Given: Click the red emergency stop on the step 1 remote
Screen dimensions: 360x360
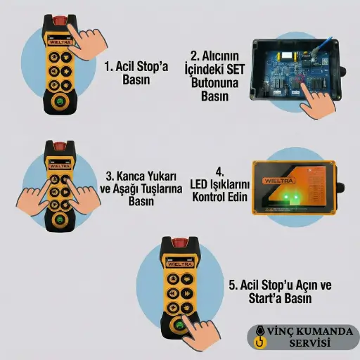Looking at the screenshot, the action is pyautogui.click(x=59, y=20).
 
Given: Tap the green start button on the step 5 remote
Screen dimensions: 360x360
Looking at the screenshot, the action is pyautogui.click(x=179, y=326).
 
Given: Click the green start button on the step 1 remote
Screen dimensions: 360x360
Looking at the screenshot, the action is pyautogui.click(x=60, y=102).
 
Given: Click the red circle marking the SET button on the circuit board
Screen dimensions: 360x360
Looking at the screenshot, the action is pyautogui.click(x=301, y=79).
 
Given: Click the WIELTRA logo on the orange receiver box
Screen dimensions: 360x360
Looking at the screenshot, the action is pyautogui.click(x=278, y=181).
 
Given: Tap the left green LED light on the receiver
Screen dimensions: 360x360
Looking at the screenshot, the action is pyautogui.click(x=285, y=196).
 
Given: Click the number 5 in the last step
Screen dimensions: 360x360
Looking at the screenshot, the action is pyautogui.click(x=232, y=285).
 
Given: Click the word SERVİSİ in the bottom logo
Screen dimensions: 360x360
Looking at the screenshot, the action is pyautogui.click(x=310, y=342).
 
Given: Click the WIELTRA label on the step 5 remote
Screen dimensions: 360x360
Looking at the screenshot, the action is pyautogui.click(x=180, y=264).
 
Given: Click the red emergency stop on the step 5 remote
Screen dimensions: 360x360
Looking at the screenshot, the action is pyautogui.click(x=179, y=243).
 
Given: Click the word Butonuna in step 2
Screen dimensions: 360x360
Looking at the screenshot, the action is pyautogui.click(x=214, y=83).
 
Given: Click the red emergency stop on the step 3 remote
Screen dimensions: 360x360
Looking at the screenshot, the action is pyautogui.click(x=60, y=146).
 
